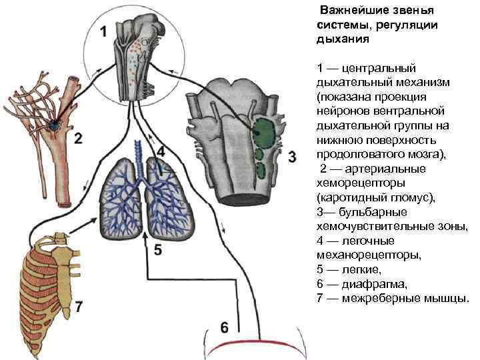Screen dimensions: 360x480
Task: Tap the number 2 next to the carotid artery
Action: click(79, 139)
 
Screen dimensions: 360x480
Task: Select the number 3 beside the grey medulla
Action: click(291, 157)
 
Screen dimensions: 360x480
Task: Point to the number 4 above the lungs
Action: click(161, 151)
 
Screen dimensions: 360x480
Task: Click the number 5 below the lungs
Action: click(158, 250)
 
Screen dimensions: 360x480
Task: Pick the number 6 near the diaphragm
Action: click(225, 327)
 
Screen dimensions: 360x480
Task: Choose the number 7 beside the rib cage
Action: click(79, 307)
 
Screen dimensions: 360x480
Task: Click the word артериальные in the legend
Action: click(379, 169)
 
